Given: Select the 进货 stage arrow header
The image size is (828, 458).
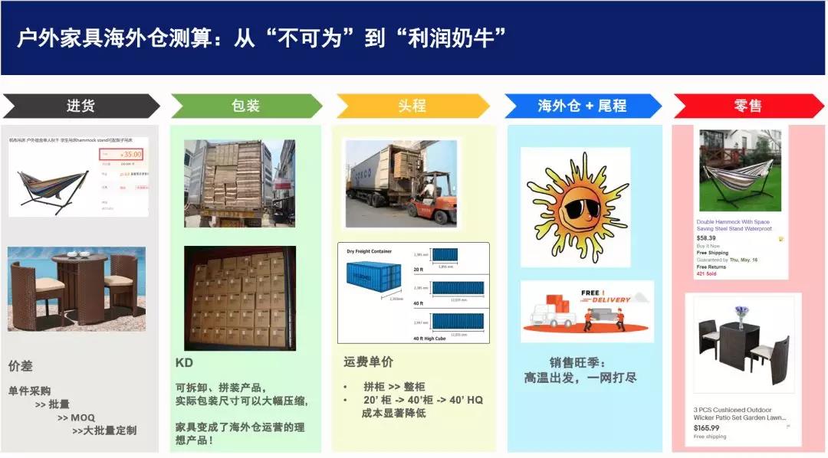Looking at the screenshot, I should [80, 106].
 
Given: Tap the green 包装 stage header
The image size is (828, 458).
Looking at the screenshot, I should [245, 106].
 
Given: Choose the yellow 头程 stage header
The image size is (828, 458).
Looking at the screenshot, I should [412, 106].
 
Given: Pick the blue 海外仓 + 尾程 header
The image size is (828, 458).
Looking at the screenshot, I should [582, 106].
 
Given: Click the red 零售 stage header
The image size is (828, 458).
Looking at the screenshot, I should [747, 106].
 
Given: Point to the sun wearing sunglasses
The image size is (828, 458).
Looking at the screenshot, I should [575, 207].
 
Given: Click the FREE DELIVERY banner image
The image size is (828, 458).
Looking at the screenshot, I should [587, 311].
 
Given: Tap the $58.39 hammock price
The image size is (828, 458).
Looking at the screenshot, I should [706, 238].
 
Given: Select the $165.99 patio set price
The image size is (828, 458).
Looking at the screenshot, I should [707, 428].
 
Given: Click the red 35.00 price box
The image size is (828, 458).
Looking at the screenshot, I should [123, 154].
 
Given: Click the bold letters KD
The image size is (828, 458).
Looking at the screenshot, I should [184, 362].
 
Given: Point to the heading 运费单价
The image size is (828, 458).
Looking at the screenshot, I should [368, 361].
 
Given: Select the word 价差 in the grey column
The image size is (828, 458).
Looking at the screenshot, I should [21, 365].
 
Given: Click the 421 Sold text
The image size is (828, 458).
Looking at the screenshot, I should [706, 273].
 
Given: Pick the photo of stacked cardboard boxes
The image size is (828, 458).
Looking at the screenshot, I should [240, 298].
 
